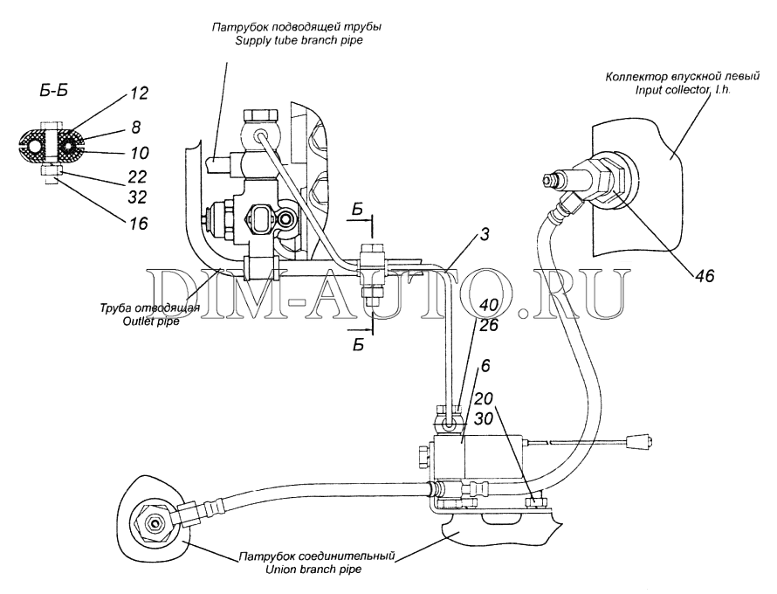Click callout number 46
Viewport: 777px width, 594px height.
pos(705,276)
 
